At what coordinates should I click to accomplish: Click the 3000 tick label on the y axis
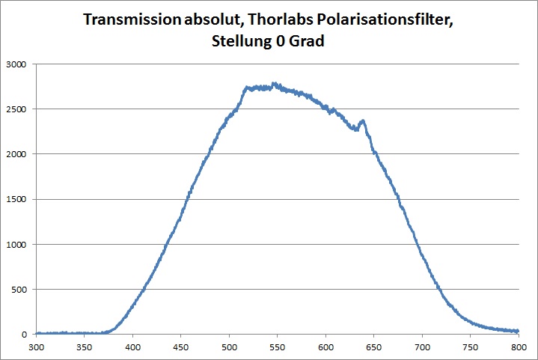coord(17,64)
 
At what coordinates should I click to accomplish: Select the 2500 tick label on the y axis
coord(17,109)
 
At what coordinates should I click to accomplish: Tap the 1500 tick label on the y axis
coord(17,199)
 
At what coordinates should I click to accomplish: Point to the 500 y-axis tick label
coord(19,289)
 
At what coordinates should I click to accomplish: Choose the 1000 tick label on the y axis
coord(17,244)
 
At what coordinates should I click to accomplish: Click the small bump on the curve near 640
coord(363,120)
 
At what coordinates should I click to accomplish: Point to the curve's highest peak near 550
coord(274,84)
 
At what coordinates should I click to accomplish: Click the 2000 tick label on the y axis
coord(17,154)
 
